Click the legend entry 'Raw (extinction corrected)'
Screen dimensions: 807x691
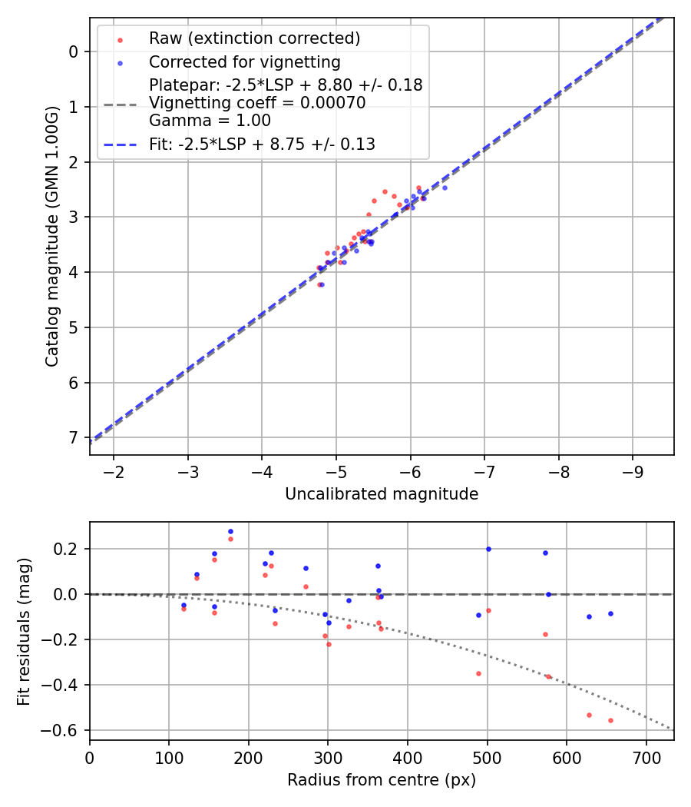[254, 38]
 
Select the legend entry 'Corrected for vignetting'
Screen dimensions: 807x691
[244, 61]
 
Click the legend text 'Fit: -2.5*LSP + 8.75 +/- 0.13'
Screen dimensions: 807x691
[262, 144]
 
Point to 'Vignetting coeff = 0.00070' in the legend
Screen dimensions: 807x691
[257, 103]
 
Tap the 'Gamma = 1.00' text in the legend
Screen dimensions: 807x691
[210, 121]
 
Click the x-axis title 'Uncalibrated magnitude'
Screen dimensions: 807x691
[382, 494]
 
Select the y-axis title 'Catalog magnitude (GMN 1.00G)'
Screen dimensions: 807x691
[51, 235]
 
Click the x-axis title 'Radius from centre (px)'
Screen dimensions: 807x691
[382, 780]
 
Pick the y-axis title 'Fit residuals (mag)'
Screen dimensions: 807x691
[24, 631]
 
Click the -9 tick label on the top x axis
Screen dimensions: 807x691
[633, 470]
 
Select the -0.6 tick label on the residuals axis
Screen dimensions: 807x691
[64, 730]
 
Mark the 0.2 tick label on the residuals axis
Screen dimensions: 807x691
[70, 550]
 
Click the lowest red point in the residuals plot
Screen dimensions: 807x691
[610, 720]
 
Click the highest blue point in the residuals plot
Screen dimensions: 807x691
[230, 531]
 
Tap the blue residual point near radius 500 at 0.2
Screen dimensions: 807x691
[488, 549]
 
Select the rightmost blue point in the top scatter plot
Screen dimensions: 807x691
[444, 188]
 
